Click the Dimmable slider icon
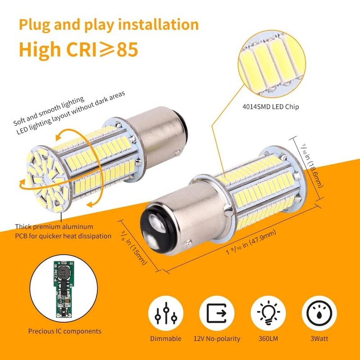(x=166, y=313)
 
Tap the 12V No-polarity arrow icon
(x=217, y=313)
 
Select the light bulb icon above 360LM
(x=268, y=313)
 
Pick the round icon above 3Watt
(x=319, y=313)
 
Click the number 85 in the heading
(x=127, y=49)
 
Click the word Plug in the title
(x=35, y=25)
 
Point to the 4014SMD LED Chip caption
(x=271, y=107)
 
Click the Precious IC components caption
(x=65, y=331)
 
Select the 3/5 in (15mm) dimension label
(x=134, y=247)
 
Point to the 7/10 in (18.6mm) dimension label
(x=312, y=166)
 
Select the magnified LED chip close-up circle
(x=272, y=64)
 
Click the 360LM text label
(x=268, y=339)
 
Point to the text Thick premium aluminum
(x=54, y=227)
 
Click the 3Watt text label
(x=319, y=339)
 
